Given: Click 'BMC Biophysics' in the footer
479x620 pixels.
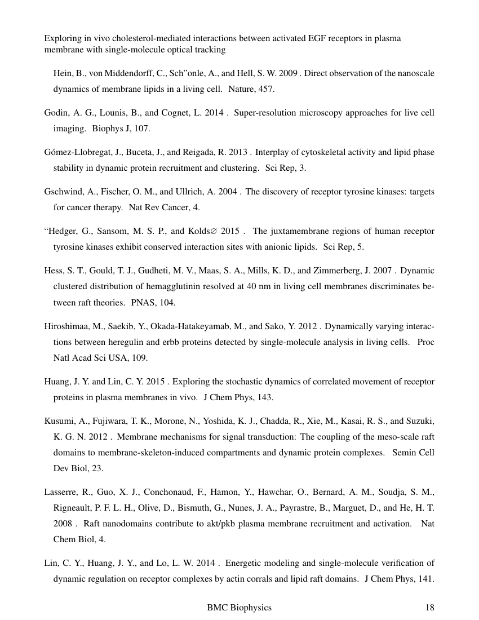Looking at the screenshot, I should (x=239, y=608).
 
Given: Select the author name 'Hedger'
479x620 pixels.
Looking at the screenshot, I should (x=63, y=232).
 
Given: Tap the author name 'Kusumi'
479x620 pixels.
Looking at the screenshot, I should (x=58, y=420).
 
